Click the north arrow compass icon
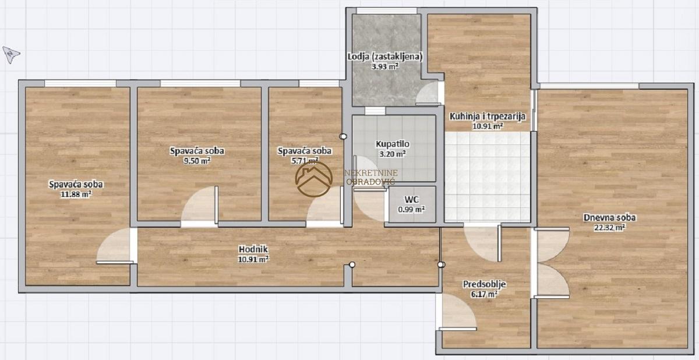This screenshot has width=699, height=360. (11, 55)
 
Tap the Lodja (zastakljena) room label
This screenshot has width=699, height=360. (385, 57)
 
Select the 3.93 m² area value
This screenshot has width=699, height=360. (385, 66)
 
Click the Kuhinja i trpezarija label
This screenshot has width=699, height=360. (487, 117)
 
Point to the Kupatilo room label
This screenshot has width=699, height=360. (392, 144)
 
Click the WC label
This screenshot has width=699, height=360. (412, 200)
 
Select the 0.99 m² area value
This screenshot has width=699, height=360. (411, 209)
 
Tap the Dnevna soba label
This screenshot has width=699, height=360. (609, 217)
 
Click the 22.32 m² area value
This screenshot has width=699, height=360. (609, 227)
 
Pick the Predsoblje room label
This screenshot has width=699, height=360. (484, 284)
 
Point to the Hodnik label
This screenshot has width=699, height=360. (253, 249)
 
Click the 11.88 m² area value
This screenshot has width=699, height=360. (76, 195)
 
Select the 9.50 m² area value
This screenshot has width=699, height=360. (197, 161)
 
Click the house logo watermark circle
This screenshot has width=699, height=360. (314, 179)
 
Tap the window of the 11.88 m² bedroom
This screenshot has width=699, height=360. (80, 83)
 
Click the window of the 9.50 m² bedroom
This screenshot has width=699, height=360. (200, 83)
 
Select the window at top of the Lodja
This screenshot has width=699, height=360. (386, 11)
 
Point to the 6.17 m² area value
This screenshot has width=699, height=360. (484, 294)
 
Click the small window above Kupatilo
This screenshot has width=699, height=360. (375, 111)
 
